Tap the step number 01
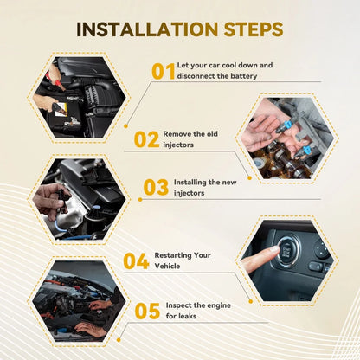tap(164, 71)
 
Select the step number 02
tap(146, 139)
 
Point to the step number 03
tap(156, 187)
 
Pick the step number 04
tap(136, 261)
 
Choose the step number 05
tap(147, 311)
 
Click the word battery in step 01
tap(243, 76)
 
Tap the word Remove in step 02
tap(177, 134)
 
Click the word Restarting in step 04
tap(173, 255)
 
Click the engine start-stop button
tap(286, 250)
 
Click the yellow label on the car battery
tap(61, 110)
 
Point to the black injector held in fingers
tap(61, 200)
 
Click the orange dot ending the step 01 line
tap(125, 126)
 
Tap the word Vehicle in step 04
tap(167, 266)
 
